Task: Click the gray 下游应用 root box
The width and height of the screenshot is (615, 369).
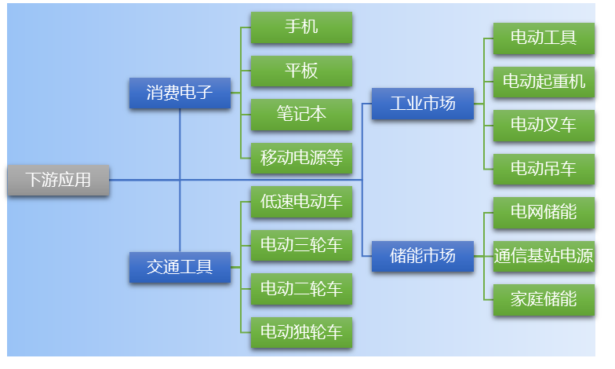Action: pos(58,180)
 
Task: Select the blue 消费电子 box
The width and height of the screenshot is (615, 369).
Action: pos(180,93)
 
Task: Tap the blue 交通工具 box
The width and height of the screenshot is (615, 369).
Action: pos(180,267)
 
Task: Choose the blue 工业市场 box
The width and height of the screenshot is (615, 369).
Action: pos(423,103)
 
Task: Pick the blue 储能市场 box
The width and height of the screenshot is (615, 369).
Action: pos(423,256)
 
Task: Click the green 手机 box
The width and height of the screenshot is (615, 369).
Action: pos(301,27)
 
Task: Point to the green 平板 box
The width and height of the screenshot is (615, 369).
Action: pos(301,71)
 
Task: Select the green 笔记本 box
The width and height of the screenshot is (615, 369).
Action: pos(301,115)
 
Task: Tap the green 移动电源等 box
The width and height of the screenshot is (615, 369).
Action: pos(301,159)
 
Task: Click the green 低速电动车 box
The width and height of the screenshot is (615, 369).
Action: pos(301,203)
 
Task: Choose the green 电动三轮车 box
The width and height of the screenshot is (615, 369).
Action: pos(301,246)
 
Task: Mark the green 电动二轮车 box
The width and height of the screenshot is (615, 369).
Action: pos(301,289)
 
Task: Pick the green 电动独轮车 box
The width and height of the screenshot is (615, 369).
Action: pos(301,333)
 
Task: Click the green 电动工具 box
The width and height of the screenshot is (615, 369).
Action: pos(544,38)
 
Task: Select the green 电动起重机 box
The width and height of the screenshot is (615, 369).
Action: pos(544,82)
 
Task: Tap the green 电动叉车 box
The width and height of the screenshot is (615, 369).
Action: pos(544,125)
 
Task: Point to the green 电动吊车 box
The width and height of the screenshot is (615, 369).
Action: pos(544,169)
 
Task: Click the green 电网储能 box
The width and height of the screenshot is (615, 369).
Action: pos(544,212)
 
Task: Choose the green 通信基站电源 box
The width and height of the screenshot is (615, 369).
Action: pos(544,256)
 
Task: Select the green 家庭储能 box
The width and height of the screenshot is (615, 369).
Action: pos(544,300)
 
